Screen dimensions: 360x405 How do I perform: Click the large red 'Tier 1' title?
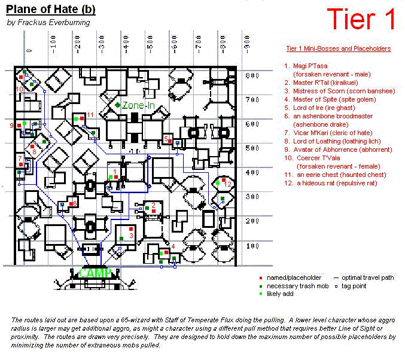(x=361, y=20)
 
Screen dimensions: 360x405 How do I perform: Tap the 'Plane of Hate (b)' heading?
(x=51, y=10)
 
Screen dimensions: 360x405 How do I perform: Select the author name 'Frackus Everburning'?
(x=47, y=23)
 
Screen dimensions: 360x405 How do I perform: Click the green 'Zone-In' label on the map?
(x=139, y=105)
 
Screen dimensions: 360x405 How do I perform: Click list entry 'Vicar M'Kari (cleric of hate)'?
(x=333, y=133)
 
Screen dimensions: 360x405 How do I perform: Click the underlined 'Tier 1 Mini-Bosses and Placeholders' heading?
(x=339, y=48)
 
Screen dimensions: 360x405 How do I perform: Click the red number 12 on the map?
(x=227, y=184)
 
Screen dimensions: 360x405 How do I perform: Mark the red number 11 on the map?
(x=90, y=114)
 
